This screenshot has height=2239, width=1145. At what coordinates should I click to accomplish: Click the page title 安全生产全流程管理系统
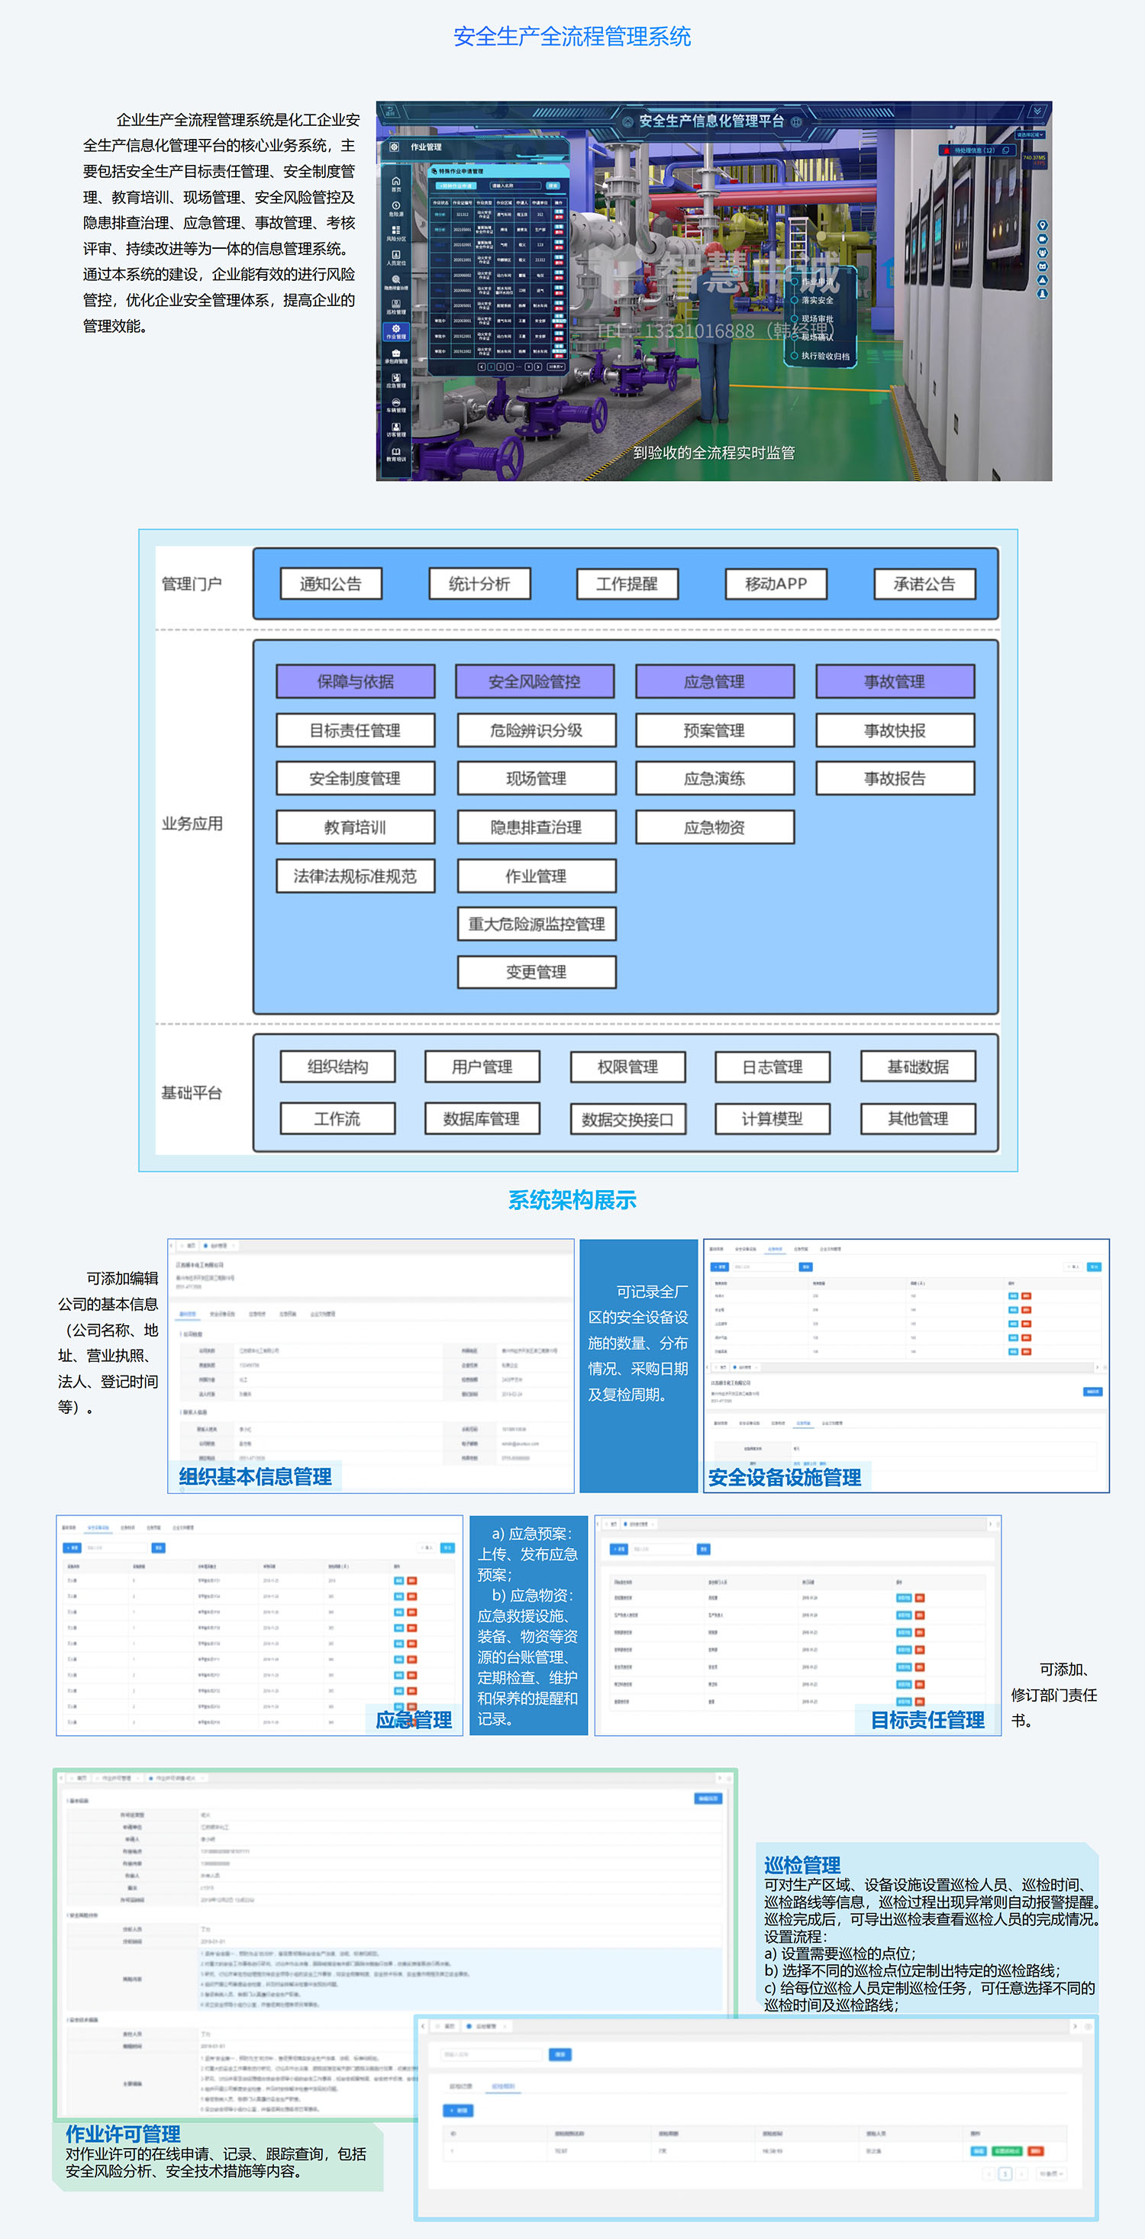coord(572,37)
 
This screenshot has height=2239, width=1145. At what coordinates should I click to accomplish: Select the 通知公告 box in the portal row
coord(331,584)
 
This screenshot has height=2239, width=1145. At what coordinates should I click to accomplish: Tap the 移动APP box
coord(776,584)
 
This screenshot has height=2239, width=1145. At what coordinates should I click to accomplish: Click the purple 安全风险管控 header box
coord(534,682)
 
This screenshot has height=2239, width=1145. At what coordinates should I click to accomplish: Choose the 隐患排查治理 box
coord(537,828)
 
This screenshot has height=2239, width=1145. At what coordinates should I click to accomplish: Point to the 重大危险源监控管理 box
coord(537,924)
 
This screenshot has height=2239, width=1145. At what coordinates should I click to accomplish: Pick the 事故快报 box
coord(895,730)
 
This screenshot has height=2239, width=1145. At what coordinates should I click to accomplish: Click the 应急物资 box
coord(714,828)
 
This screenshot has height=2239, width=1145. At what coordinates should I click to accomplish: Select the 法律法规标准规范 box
coord(355,876)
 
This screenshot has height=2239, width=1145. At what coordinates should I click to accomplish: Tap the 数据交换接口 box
coord(627,1119)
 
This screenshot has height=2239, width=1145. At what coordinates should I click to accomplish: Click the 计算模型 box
coord(772,1118)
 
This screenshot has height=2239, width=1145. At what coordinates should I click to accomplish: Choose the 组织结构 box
coord(337,1066)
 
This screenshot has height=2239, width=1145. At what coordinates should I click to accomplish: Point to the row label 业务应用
coord(192,823)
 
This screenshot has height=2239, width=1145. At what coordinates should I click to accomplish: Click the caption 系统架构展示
coord(572,1200)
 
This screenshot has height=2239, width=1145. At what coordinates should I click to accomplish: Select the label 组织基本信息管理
coord(256,1476)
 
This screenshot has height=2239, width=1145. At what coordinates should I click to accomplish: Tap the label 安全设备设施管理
coord(785,1476)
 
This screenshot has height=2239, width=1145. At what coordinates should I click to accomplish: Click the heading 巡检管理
coord(801,1864)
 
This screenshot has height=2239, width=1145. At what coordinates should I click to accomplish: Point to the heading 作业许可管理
coord(124,2133)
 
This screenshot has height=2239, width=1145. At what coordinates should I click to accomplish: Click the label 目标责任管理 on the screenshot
coord(927,1719)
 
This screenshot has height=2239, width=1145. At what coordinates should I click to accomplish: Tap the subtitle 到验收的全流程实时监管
coord(714,453)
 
